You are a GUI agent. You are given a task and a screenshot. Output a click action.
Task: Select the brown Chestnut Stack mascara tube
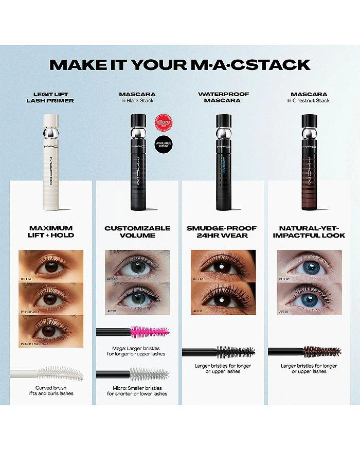click(309, 165)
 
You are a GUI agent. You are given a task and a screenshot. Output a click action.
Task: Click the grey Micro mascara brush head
click(149, 374)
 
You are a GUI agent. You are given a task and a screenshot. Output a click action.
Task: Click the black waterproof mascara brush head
click(235, 352)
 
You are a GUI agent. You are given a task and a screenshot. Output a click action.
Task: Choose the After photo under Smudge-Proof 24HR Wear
click(223, 298)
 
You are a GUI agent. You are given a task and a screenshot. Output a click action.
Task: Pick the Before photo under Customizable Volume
click(137, 266)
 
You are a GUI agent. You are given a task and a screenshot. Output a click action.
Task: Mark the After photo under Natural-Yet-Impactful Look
click(309, 298)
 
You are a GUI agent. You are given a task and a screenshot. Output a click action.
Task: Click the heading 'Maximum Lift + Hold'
click(51, 231)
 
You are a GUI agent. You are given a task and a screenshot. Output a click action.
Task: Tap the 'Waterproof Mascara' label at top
click(223, 97)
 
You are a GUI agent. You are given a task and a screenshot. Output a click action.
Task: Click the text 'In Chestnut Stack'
click(309, 101)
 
